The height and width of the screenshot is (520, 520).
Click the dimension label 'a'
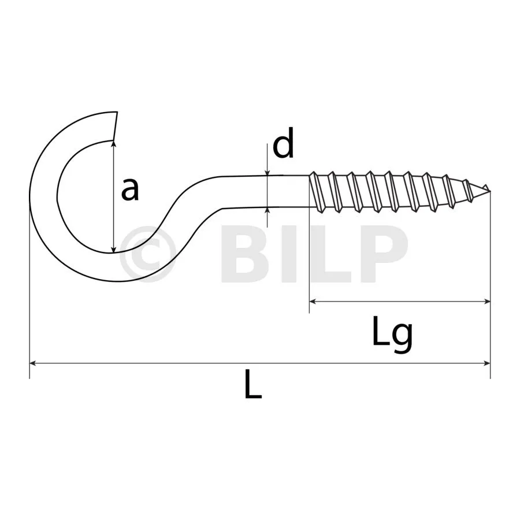[129, 190]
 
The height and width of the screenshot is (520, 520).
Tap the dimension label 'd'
[284, 143]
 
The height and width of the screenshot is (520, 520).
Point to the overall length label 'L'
[253, 384]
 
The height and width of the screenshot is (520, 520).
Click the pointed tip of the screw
[489, 191]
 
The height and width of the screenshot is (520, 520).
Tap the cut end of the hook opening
[116, 126]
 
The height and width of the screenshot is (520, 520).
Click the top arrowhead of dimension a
[114, 144]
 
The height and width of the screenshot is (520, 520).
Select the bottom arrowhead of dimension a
[114, 250]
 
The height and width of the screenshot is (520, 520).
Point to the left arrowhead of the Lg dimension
[313, 302]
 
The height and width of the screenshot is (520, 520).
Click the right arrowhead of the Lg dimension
[487, 302]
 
